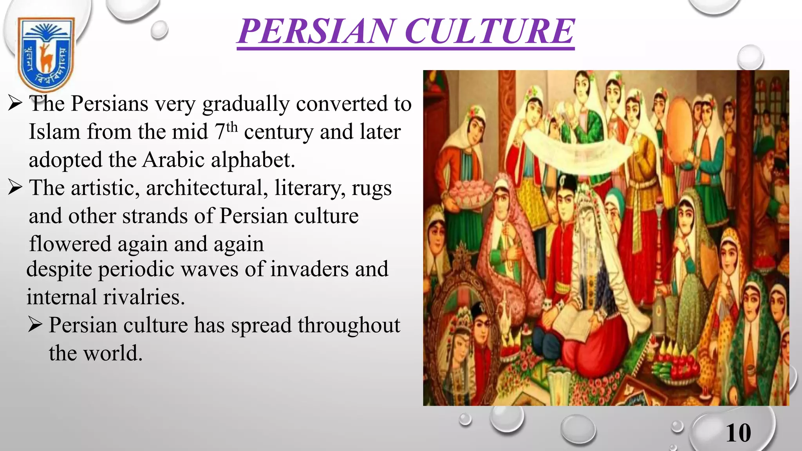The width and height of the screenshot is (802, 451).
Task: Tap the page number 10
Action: pyautogui.click(x=738, y=433)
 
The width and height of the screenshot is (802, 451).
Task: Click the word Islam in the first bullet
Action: pyautogui.click(x=54, y=132)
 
